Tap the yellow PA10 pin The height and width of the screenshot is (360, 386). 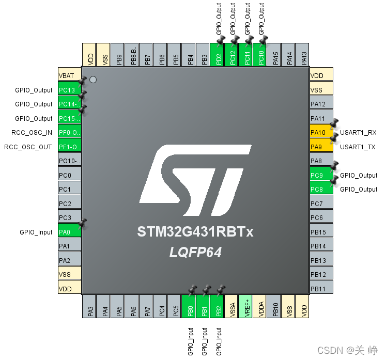coord(321,133)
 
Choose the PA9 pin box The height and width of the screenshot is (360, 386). coord(321,147)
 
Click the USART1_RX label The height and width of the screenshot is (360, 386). coord(358,133)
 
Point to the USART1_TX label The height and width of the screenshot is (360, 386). coord(358,147)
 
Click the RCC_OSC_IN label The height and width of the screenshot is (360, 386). coord(32,133)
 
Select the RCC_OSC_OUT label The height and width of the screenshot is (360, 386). coord(28,147)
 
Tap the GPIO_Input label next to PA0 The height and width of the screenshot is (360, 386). coord(36,232)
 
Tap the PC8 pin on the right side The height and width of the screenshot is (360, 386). coord(321,190)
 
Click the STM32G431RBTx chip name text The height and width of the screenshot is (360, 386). coord(195,232)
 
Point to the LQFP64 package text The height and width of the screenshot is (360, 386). coord(195,253)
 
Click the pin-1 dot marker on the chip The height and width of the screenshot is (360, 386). coord(93,80)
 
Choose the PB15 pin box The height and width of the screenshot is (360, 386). coord(321,232)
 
